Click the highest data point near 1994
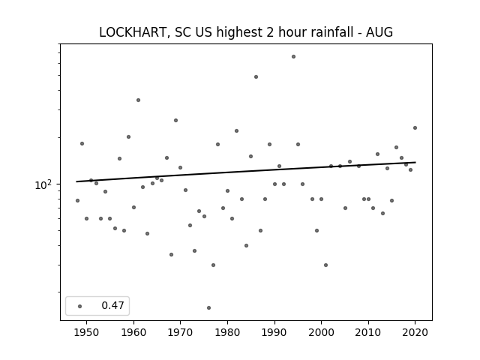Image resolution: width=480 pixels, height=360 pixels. click(293, 57)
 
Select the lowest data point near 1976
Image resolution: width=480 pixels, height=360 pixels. click(208, 308)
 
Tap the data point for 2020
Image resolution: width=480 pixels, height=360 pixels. click(415, 128)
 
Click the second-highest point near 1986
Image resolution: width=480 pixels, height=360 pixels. click(256, 76)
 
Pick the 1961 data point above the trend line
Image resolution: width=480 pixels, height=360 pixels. click(138, 100)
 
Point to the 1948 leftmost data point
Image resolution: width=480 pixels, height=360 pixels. click(77, 200)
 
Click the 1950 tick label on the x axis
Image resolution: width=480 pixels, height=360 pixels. click(87, 332)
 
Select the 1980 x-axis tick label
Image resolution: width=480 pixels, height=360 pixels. click(227, 332)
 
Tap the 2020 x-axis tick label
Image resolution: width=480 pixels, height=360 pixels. click(415, 332)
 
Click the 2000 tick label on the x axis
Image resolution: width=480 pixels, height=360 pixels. click(321, 332)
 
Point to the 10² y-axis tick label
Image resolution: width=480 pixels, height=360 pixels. click(43, 185)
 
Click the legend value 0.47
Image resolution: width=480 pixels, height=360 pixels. click(112, 305)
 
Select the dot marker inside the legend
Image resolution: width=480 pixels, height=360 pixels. click(80, 306)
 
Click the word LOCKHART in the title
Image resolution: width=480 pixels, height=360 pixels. click(133, 32)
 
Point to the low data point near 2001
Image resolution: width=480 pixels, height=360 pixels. click(325, 265)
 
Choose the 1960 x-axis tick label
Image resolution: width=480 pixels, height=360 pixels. click(133, 332)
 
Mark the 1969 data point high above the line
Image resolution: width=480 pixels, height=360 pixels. click(175, 120)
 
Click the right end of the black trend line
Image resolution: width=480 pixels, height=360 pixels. click(415, 162)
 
